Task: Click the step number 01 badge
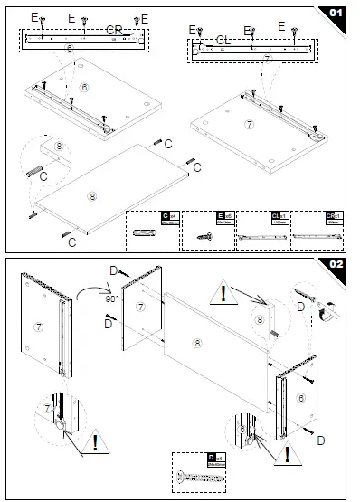[x=336, y=14]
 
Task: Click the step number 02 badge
[x=336, y=264]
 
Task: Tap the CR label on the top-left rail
[x=114, y=30]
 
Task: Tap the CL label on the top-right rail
[x=223, y=40]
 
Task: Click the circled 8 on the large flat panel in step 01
[x=91, y=194]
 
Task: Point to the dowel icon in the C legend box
[x=144, y=233]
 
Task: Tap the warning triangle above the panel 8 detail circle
[x=223, y=291]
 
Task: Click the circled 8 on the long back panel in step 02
[x=197, y=343]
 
